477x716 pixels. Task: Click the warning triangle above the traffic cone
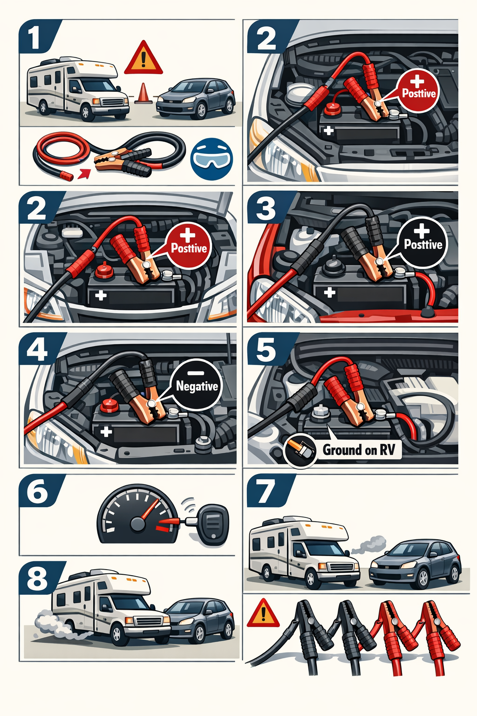(x=143, y=58)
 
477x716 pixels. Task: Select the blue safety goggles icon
(x=211, y=159)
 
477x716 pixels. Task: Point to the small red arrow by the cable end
(x=84, y=173)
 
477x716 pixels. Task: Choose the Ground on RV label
(x=359, y=450)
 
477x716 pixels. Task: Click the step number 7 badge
(x=267, y=491)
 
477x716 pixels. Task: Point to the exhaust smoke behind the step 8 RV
(x=51, y=622)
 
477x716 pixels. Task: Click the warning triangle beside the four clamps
(x=263, y=613)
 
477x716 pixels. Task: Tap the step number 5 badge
(x=266, y=349)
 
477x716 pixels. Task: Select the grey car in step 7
(x=415, y=564)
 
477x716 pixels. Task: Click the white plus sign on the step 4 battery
(x=106, y=432)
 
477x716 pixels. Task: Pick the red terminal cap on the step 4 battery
(x=110, y=406)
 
